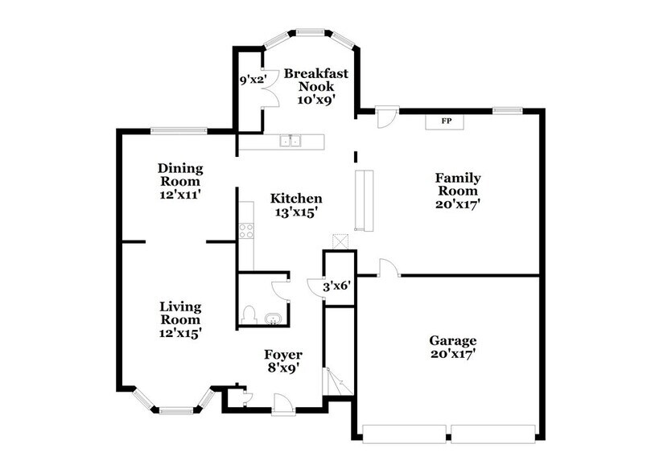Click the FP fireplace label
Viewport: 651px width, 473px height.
click(445, 121)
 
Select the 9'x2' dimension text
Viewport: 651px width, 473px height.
click(253, 80)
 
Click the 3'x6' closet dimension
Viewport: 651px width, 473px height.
click(337, 286)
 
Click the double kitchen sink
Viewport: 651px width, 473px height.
click(290, 142)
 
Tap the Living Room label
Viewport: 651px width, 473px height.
click(180, 319)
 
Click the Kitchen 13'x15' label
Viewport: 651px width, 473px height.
click(296, 205)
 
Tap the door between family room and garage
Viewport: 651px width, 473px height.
click(385, 269)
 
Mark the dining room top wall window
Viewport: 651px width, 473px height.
click(177, 130)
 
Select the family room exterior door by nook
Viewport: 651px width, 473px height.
click(386, 117)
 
